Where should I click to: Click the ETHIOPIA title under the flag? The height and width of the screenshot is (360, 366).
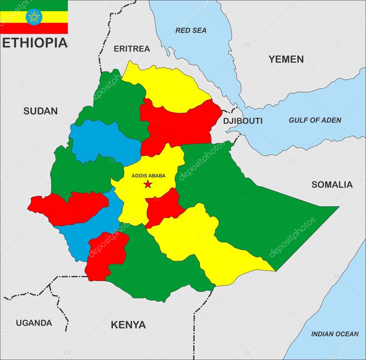point(35,43)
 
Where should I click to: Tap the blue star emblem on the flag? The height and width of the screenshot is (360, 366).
point(34,17)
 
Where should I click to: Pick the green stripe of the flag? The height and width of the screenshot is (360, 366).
point(34,5)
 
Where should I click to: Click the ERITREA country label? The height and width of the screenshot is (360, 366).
point(132,49)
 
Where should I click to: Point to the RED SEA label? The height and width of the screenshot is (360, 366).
point(191,30)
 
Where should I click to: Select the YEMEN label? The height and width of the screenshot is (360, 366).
point(286,59)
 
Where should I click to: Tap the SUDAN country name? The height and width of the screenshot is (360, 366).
point(40,111)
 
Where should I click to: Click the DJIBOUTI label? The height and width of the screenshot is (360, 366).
point(243,121)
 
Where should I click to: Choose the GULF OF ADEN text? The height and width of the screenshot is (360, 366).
point(315,120)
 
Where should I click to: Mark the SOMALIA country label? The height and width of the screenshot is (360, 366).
point(332,185)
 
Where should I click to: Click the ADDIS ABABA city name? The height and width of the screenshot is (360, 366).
point(148,176)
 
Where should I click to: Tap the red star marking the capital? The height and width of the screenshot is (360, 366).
point(147,184)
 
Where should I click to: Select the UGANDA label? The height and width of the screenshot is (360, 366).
point(34,323)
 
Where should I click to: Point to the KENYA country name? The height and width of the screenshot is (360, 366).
point(128,325)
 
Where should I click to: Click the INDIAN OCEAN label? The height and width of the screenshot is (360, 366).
point(335,334)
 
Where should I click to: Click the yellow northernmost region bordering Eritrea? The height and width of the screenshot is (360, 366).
point(165,86)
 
